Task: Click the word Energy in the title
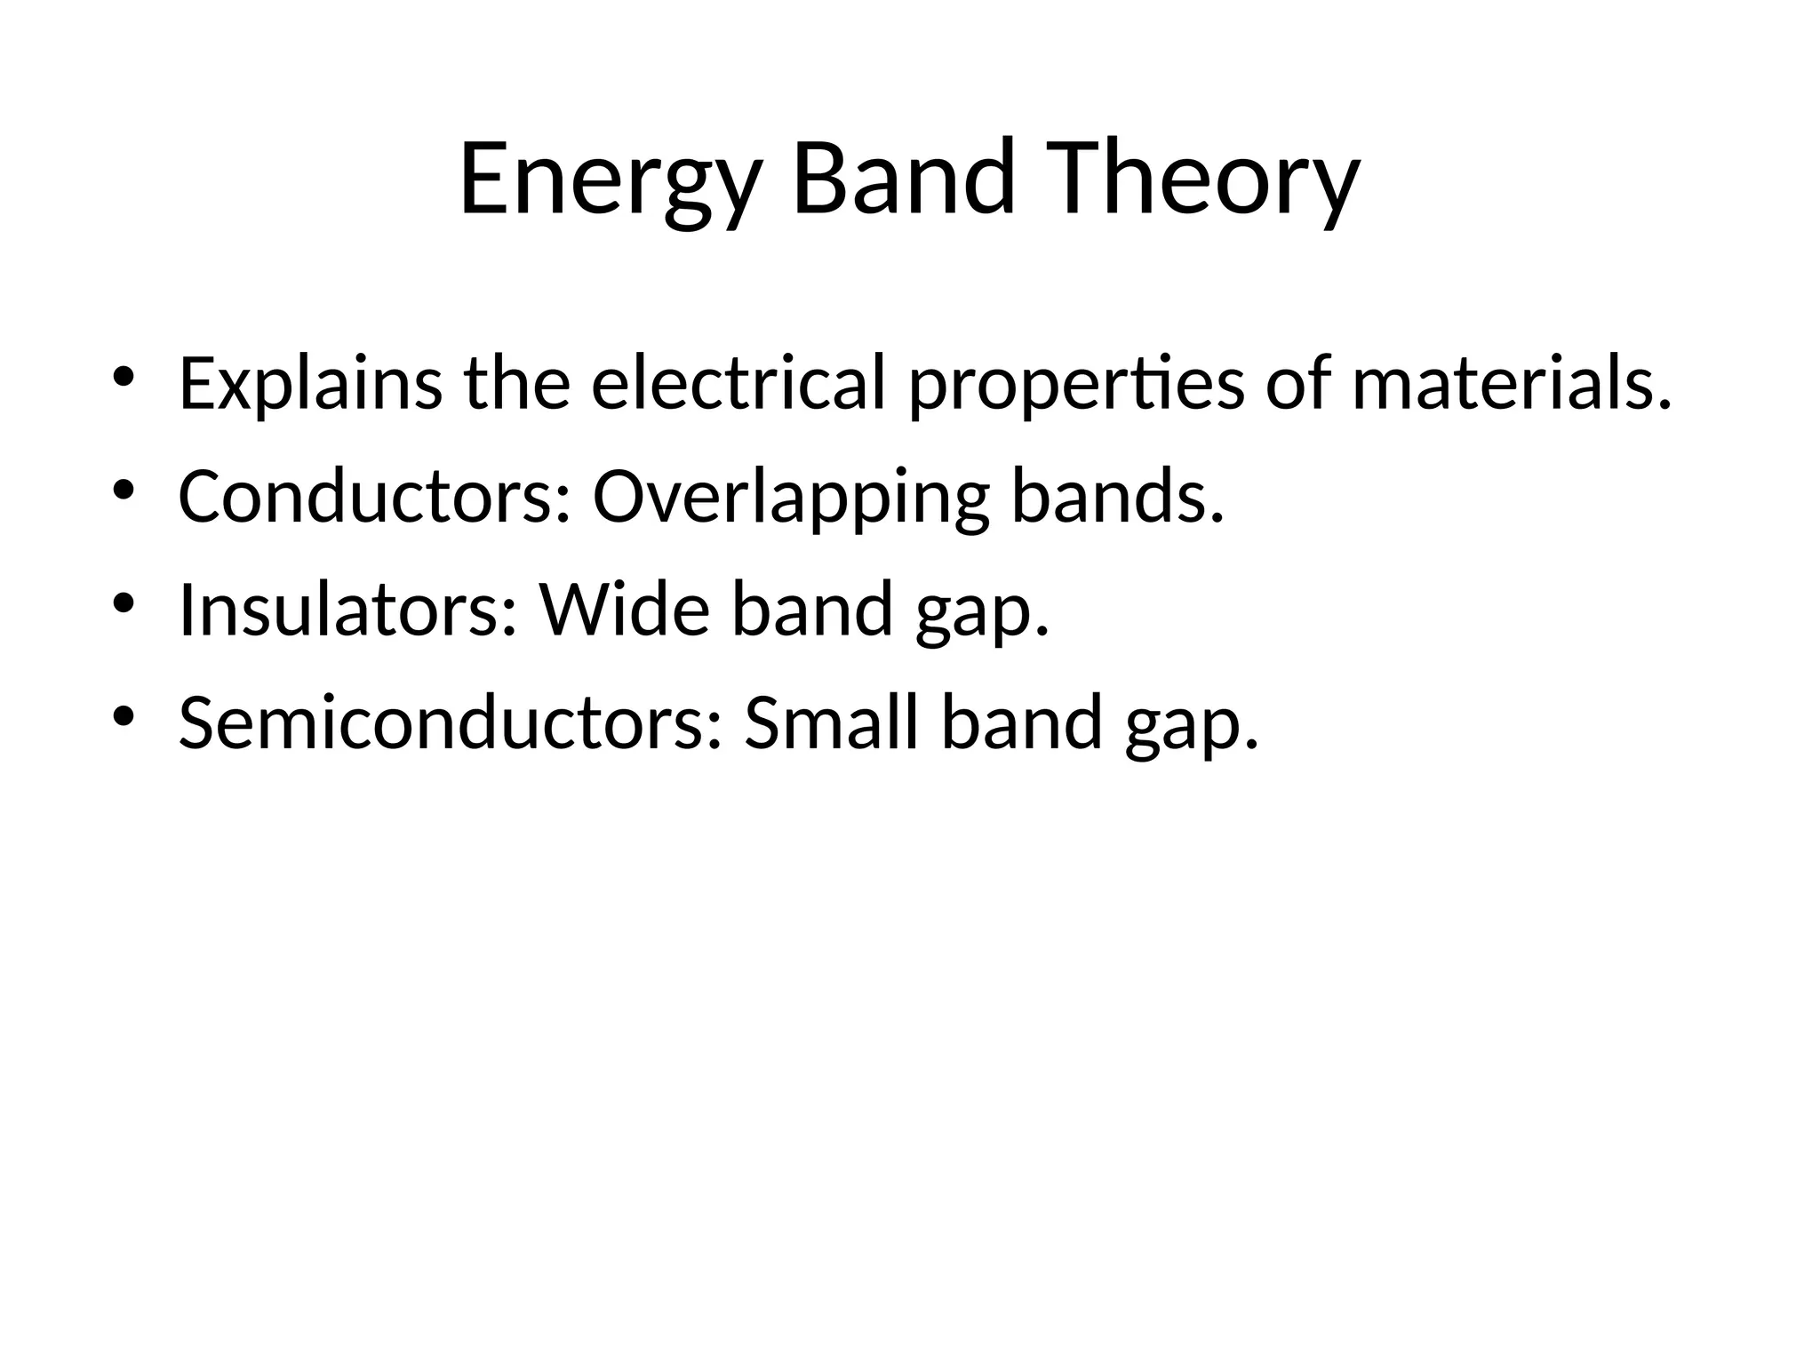610,180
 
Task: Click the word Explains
309,385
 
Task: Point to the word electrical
738,383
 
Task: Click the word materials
1511,383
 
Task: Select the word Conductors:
373,497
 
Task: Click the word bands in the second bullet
1117,497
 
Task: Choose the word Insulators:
347,611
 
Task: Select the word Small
830,723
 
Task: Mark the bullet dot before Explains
123,377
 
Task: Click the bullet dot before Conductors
123,490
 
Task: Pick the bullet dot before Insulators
123,603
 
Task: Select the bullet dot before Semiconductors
123,716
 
